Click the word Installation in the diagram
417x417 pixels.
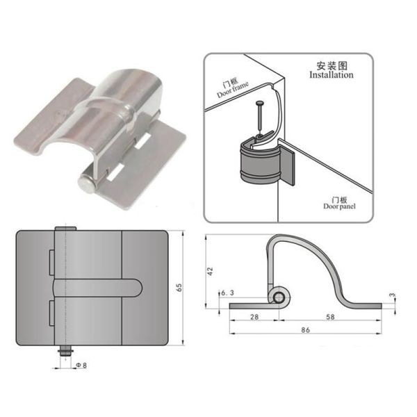[329, 74]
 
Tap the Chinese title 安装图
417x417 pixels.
[330, 65]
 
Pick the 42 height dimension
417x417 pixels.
[211, 271]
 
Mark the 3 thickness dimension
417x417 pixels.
[393, 297]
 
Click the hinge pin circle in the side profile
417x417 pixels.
[279, 297]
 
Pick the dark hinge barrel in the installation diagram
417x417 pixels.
[258, 163]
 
